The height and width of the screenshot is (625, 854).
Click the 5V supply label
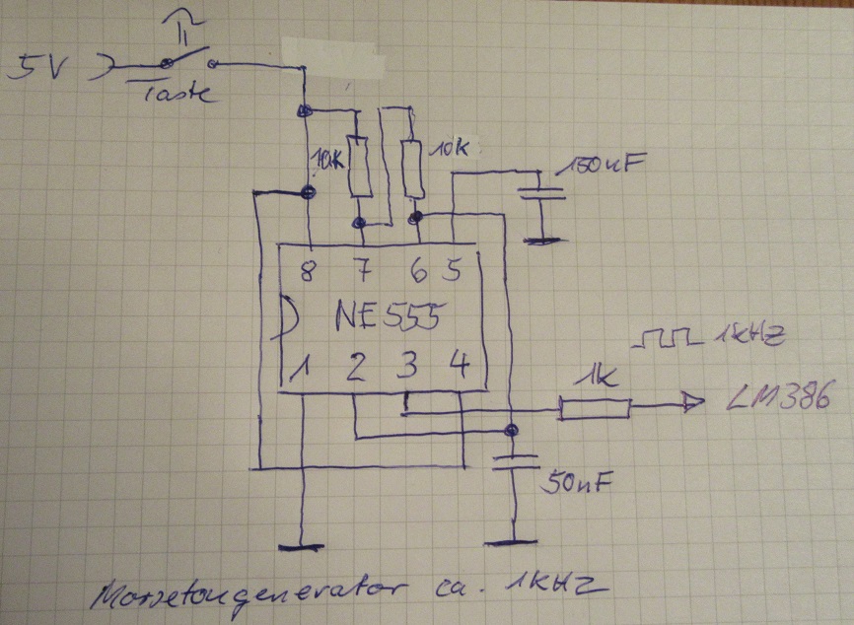pos(36,68)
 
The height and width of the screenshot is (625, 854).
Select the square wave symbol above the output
pos(666,341)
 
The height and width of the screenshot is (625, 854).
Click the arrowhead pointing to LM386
pos(693,401)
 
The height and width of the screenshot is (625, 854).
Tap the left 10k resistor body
pos(360,167)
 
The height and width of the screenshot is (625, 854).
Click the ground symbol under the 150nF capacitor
pos(538,239)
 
